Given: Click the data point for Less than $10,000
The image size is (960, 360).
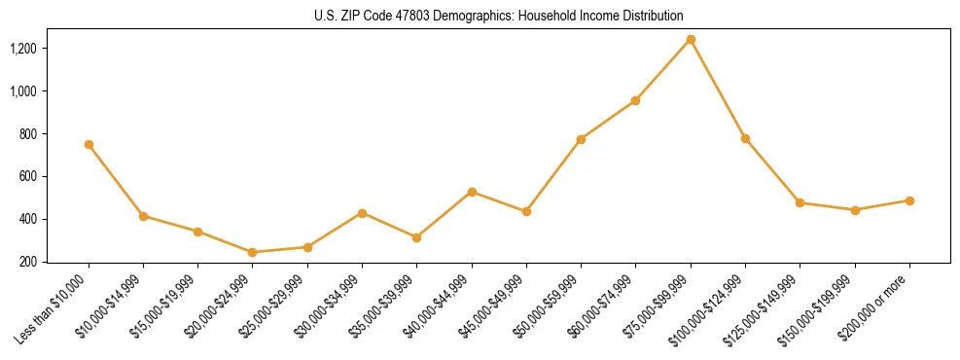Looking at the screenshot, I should coord(89,144).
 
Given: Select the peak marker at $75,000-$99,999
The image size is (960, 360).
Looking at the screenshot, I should coord(691,39).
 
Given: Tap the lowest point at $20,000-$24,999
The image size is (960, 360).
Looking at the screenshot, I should coord(253,252).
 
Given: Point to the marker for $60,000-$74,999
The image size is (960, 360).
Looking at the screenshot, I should coord(635,100).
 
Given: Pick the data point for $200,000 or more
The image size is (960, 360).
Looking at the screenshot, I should coord(909,200).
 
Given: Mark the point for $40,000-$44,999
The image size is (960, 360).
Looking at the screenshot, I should coord(472,192).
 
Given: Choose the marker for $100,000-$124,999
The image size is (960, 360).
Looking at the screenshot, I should coord(745,138).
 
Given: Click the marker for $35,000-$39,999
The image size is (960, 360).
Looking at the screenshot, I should coord(417,237).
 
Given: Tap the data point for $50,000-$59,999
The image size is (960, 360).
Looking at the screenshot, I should coord(581,139).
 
